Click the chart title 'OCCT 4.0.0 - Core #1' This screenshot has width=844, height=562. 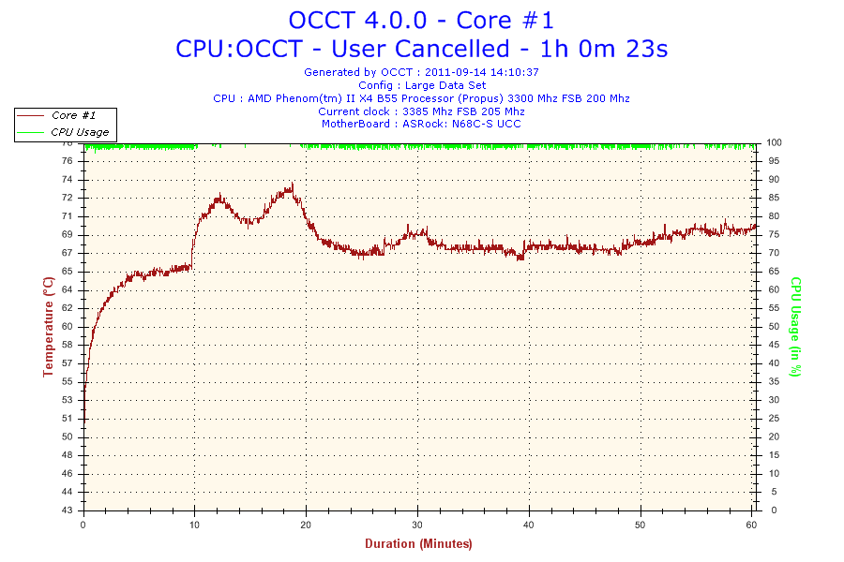[421, 20]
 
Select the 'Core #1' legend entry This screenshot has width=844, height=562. [78, 115]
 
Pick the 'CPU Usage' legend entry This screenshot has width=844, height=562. [80, 132]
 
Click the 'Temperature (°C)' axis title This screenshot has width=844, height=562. [48, 326]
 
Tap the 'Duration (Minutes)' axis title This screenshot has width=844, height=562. [418, 543]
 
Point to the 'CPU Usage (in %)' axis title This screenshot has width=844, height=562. [795, 326]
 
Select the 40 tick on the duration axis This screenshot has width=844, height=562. [530, 525]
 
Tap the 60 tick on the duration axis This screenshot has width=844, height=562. [752, 525]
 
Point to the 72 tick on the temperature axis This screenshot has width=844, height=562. [68, 198]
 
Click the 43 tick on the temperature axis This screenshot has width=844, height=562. [68, 510]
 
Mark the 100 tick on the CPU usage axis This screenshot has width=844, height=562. [775, 142]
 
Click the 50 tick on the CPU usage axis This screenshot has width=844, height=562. [773, 327]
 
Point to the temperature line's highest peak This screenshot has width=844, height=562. [293, 184]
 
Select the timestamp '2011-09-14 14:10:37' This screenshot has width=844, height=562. [482, 72]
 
